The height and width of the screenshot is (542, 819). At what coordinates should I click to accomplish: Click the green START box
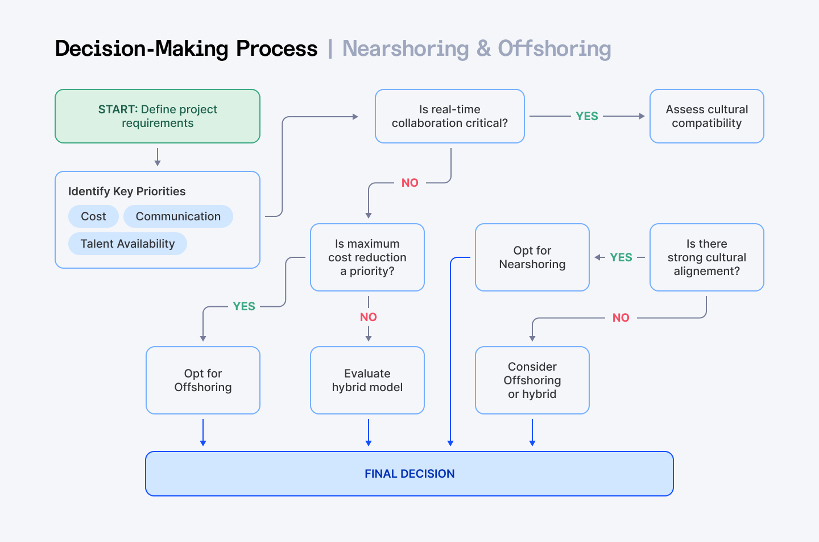(x=158, y=116)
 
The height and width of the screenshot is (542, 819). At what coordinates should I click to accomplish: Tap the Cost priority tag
(x=93, y=216)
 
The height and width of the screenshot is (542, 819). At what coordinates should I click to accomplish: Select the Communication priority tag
(x=178, y=216)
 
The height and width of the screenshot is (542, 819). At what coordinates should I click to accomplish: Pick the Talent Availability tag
(x=127, y=244)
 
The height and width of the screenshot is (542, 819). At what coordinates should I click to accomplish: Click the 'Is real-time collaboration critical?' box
(x=449, y=116)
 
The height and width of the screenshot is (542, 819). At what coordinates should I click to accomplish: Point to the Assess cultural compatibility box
(x=706, y=116)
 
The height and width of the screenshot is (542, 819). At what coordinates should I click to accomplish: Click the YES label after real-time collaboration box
(x=586, y=116)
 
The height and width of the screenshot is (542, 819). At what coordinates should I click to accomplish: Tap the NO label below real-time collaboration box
(x=409, y=183)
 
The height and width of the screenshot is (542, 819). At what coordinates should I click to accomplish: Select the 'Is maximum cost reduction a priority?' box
(x=367, y=257)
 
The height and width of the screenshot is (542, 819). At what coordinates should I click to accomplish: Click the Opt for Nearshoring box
(x=532, y=257)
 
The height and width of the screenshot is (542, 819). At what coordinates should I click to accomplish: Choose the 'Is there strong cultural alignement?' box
(x=706, y=257)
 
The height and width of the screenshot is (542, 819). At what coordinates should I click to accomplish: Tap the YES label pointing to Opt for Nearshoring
(x=621, y=257)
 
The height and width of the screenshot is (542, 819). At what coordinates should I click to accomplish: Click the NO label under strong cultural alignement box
(x=621, y=318)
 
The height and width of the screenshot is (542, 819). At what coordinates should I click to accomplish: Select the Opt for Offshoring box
(x=203, y=380)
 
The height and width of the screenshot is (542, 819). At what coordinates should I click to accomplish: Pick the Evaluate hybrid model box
(x=367, y=380)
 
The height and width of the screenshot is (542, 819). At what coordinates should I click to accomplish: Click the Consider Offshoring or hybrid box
(x=532, y=380)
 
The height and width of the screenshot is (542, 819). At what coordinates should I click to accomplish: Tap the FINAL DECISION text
(x=409, y=474)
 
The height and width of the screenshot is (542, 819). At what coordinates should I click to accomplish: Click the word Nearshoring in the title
(x=405, y=49)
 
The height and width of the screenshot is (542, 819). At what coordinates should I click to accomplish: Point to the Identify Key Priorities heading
(x=127, y=191)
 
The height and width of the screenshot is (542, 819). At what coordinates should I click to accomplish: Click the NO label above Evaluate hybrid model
(x=368, y=317)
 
